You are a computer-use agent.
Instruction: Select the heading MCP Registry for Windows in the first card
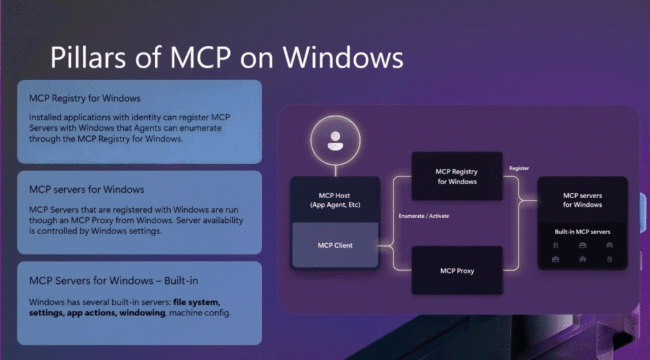[84, 98]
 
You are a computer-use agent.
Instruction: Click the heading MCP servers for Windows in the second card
[86, 190]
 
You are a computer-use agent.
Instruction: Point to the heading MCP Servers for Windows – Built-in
[114, 281]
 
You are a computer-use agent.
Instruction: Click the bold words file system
[197, 302]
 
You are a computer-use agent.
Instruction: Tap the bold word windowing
[142, 313]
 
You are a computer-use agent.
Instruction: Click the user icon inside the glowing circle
[335, 141]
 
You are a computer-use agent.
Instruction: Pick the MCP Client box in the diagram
[335, 245]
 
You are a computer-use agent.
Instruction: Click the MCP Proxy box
[457, 270]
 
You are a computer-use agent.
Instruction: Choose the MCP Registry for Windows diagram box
[457, 177]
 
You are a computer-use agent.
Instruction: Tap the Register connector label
[519, 168]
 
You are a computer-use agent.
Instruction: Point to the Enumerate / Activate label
[423, 216]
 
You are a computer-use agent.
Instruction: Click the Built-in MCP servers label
[583, 232]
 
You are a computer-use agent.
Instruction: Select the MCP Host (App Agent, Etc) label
[335, 200]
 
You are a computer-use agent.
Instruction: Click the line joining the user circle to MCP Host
[335, 171]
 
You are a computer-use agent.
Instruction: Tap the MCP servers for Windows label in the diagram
[583, 200]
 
